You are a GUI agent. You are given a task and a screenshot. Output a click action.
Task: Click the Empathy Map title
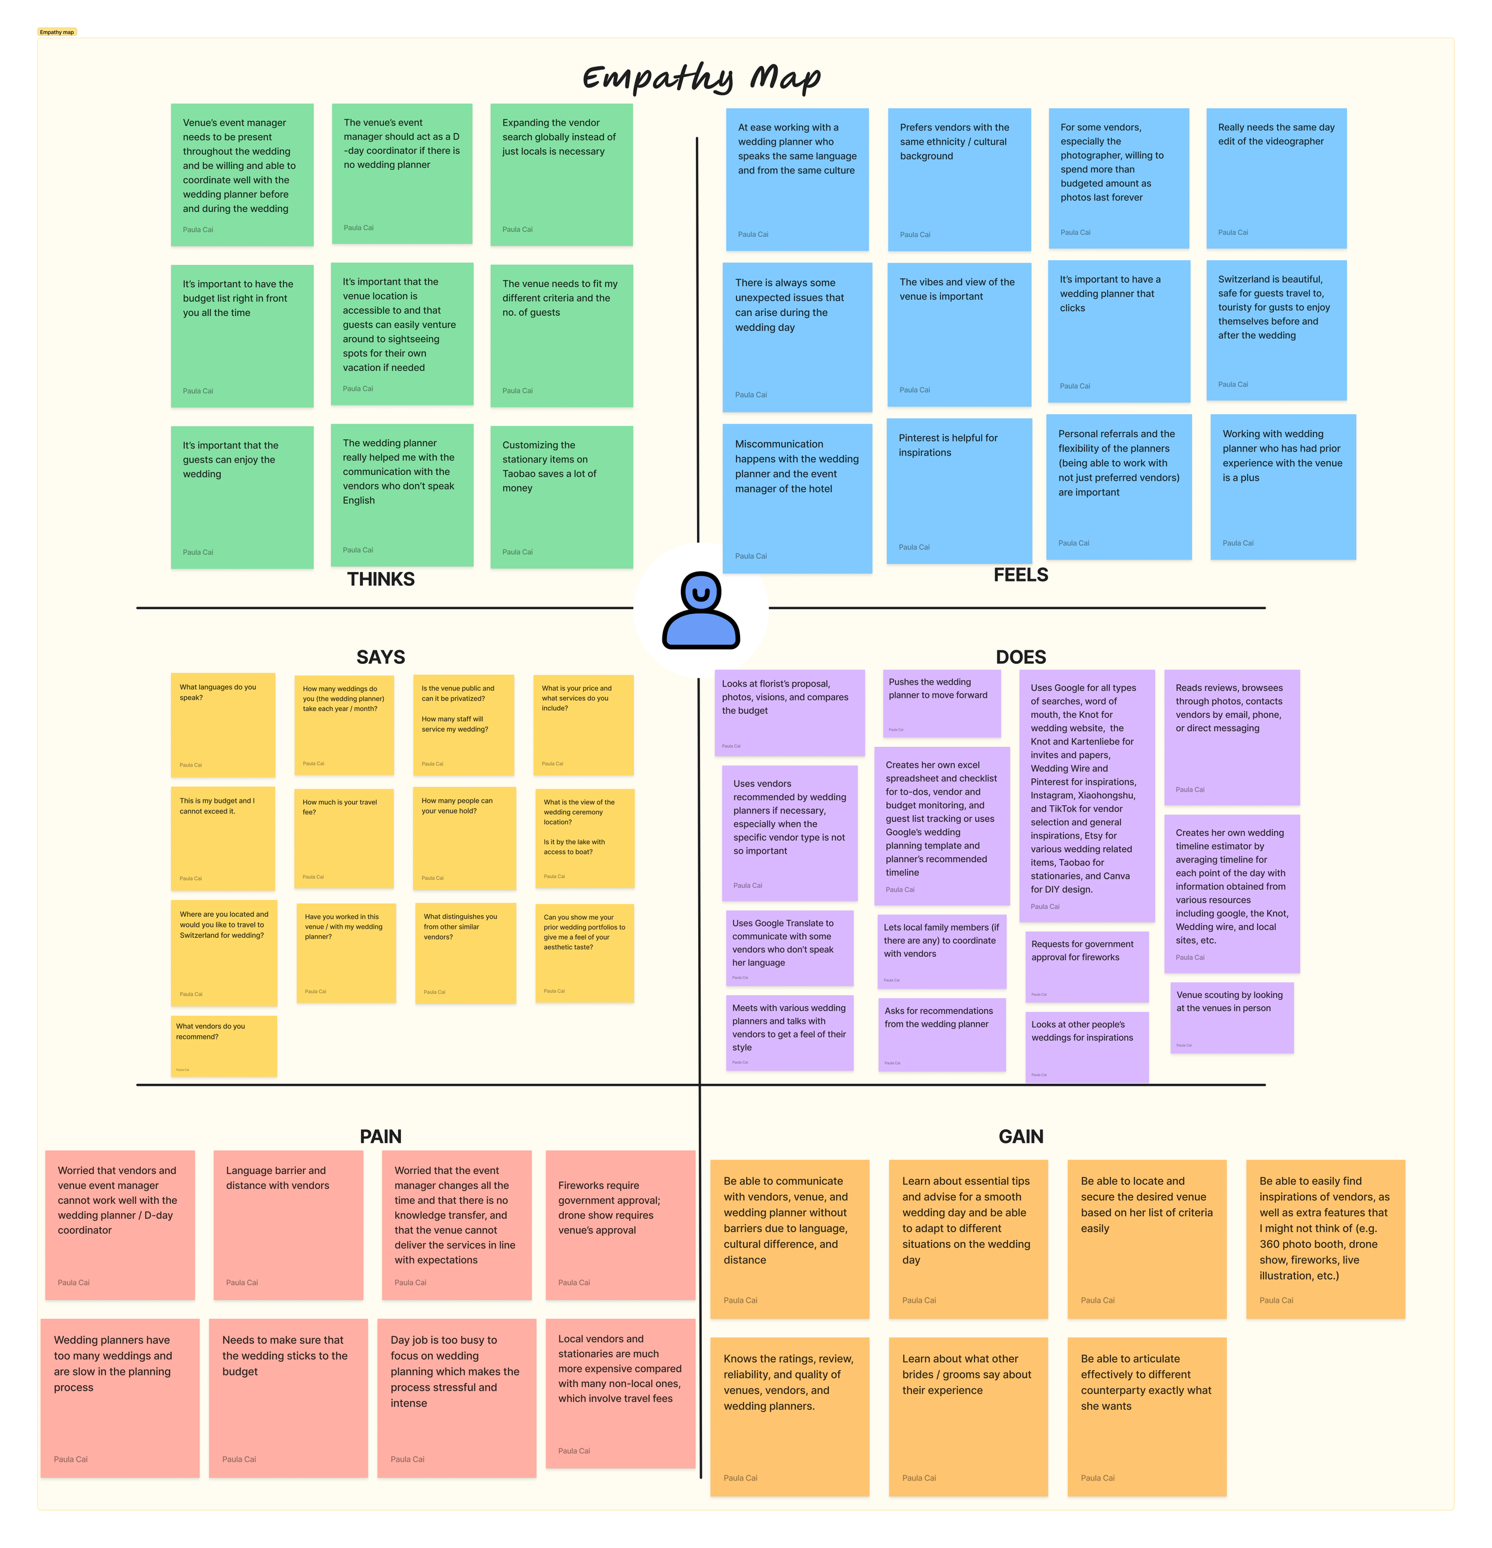click(701, 78)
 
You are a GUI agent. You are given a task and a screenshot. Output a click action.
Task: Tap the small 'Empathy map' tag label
click(57, 32)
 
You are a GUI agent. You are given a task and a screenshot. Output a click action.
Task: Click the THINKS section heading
click(380, 579)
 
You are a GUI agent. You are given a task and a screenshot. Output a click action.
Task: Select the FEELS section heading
click(1020, 575)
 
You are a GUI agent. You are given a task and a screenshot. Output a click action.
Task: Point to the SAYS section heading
click(380, 657)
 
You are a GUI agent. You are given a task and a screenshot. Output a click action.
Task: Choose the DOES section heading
click(1020, 657)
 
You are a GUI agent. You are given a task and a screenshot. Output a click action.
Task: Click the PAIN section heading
click(380, 1136)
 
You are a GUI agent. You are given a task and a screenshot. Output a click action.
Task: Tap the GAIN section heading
click(1020, 1136)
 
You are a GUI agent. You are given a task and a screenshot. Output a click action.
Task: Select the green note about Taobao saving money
click(561, 496)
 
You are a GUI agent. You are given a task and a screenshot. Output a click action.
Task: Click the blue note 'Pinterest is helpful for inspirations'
click(958, 490)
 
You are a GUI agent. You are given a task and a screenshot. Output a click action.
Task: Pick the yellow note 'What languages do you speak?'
click(223, 724)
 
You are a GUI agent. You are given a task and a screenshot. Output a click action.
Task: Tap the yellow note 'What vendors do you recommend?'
click(224, 1046)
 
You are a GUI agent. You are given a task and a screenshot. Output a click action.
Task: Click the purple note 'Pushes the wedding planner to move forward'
click(941, 703)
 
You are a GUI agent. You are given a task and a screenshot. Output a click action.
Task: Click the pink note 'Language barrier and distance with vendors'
click(288, 1224)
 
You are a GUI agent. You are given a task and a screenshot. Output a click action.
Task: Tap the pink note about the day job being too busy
click(456, 1397)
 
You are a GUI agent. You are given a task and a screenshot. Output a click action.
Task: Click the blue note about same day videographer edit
click(1275, 178)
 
